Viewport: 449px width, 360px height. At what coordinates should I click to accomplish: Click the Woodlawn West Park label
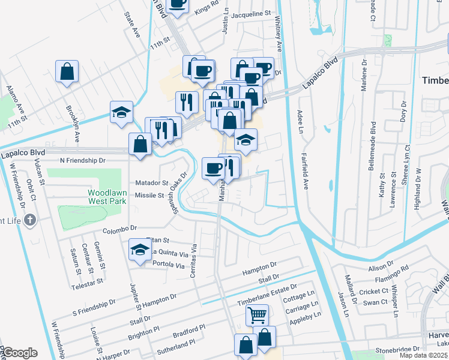click(107, 197)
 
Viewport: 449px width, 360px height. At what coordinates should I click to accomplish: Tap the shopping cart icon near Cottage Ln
click(257, 314)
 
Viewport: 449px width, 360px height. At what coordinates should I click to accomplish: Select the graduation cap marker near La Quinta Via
click(139, 250)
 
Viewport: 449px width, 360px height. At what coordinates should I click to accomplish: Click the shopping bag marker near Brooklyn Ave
click(67, 71)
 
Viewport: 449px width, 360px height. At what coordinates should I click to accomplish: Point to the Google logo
click(19, 353)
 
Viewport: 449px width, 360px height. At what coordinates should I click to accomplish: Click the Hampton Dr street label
click(259, 269)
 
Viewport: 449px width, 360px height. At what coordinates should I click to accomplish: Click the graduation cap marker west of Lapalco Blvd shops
click(121, 112)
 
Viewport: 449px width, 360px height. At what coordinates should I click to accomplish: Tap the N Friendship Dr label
click(82, 161)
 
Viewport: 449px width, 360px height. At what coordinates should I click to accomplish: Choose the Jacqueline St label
click(251, 14)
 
